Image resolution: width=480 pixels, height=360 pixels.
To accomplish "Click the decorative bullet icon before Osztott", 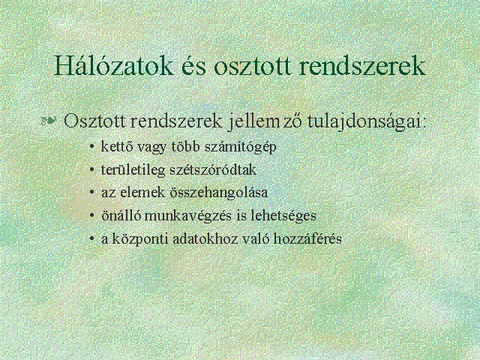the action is [x=49, y=121].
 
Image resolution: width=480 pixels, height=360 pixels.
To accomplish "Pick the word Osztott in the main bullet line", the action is [x=94, y=121].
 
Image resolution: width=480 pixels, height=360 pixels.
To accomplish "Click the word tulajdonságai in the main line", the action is [x=367, y=121].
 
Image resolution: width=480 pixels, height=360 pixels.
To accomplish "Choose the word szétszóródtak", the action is [x=213, y=170].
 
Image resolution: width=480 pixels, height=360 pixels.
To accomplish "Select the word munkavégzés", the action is [x=188, y=216].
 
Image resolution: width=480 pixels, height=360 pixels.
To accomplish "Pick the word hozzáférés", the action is [x=307, y=238].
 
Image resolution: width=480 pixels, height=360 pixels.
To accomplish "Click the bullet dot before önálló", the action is [x=91, y=215].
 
